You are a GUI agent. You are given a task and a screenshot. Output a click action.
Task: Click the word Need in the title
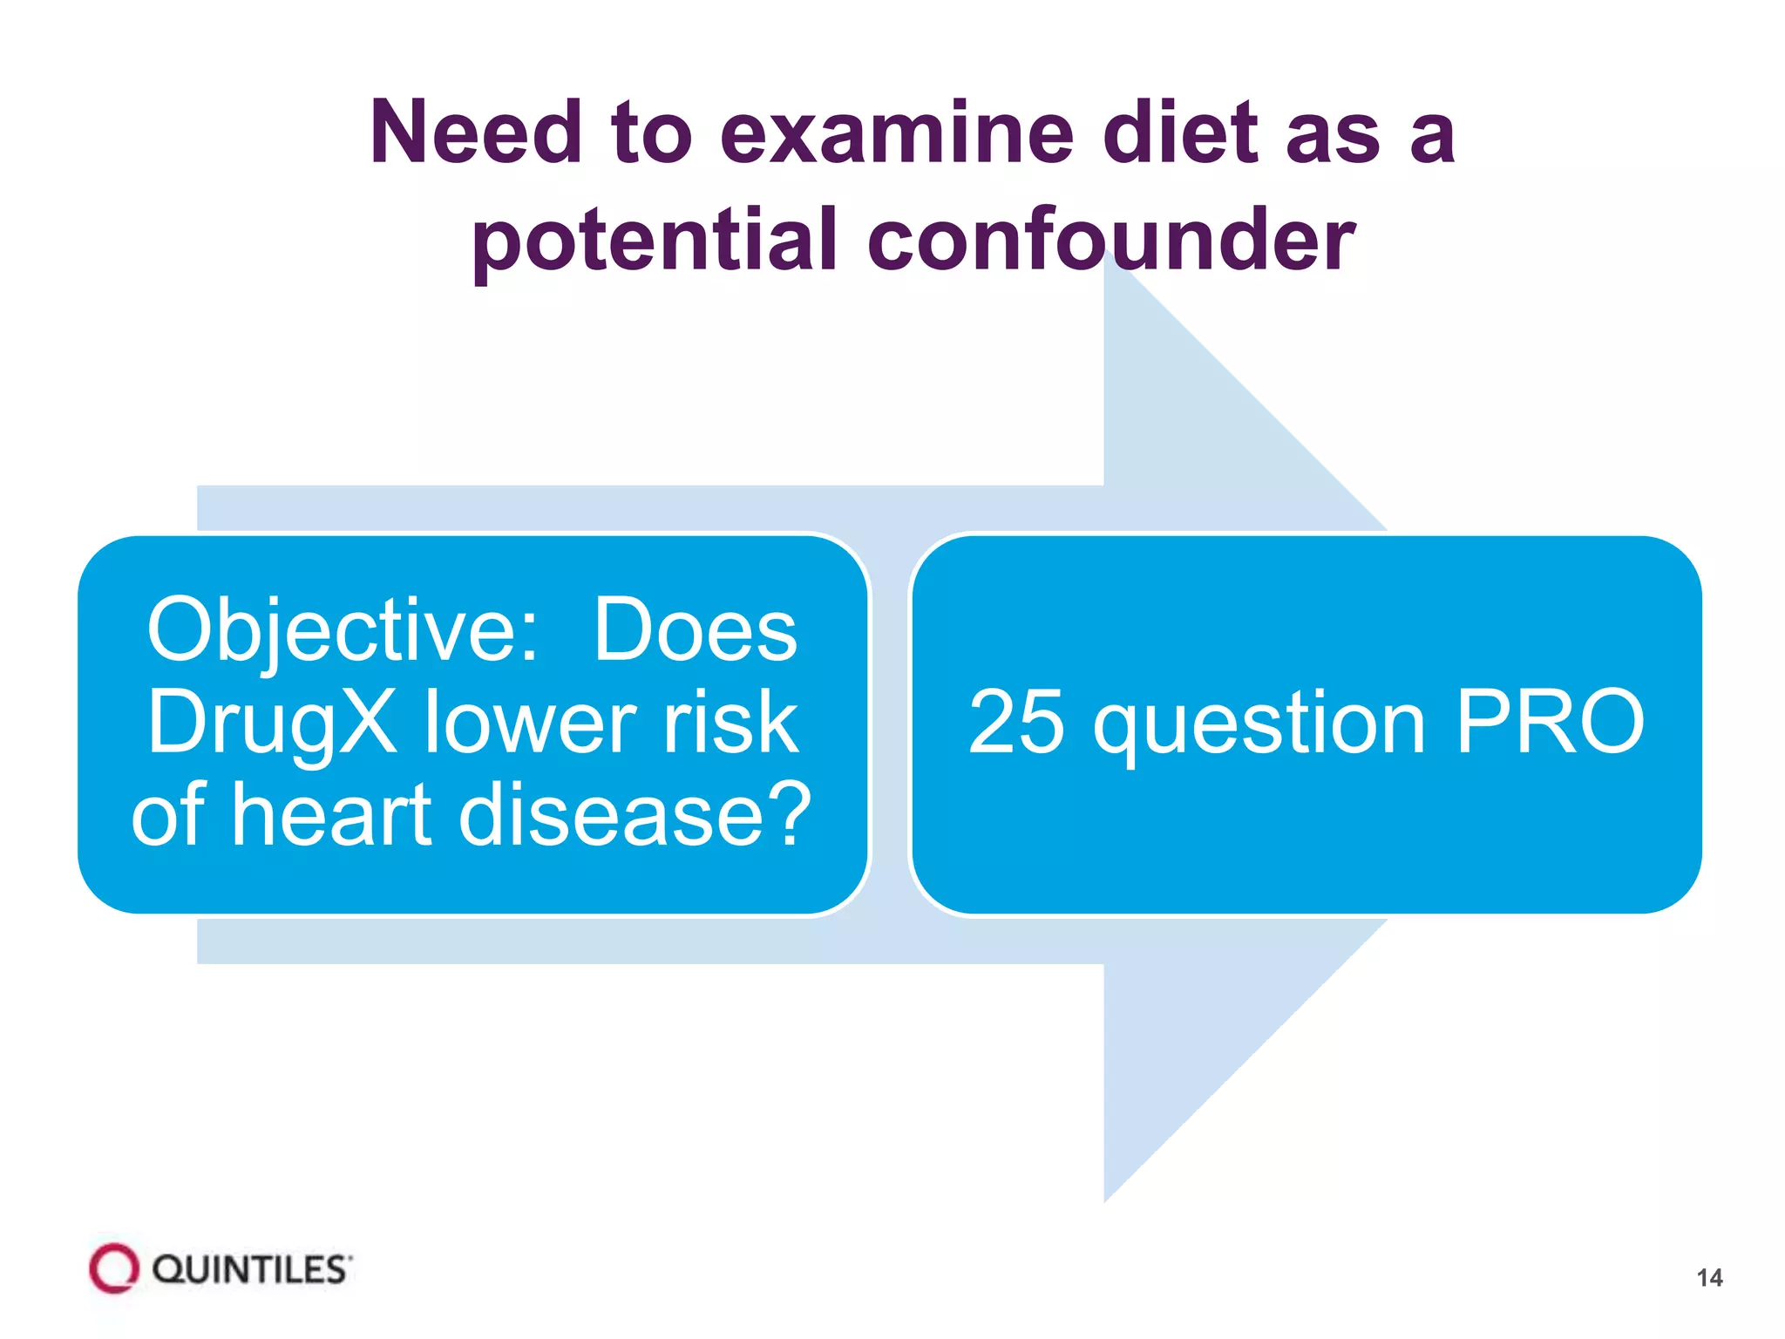coord(476,133)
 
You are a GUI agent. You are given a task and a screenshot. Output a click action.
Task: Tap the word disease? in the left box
coord(635,814)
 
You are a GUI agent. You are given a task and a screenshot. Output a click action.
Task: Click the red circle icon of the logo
coord(114,1268)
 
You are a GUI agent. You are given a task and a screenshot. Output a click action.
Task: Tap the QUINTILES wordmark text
coord(251,1270)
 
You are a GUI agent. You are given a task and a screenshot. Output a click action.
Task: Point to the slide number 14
coord(1709,1278)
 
